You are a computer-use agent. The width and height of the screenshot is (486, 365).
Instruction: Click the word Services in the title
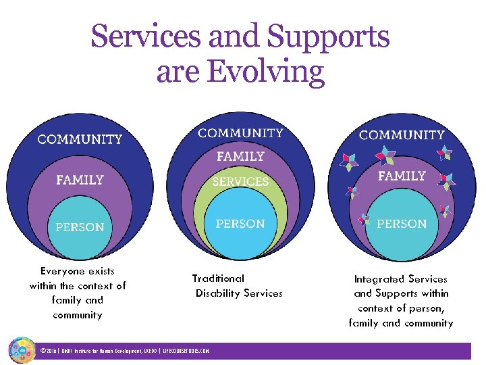[x=146, y=36]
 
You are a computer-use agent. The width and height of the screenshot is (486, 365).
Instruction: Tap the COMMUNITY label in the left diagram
[x=80, y=139]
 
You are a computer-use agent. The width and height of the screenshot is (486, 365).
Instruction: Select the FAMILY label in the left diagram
[x=80, y=180]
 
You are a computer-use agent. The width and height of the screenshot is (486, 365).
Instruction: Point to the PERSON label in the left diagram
[x=80, y=227]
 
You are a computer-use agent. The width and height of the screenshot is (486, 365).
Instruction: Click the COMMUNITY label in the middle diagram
[x=240, y=133]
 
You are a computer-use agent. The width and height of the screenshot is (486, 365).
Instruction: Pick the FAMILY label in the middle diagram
[x=240, y=156]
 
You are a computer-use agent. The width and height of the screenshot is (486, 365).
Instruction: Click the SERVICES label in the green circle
[x=240, y=181]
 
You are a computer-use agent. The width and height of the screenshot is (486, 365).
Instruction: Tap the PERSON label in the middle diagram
[x=240, y=224]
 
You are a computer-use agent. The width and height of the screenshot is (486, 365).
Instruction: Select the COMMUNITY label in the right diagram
[x=402, y=135]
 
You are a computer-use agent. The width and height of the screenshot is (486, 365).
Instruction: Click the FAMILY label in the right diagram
[x=402, y=176]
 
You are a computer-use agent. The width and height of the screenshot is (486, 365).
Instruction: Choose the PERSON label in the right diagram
[x=402, y=224]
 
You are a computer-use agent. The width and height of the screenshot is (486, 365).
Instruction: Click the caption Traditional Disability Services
[x=238, y=286]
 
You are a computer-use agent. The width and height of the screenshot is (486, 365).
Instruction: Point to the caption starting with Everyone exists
[x=78, y=293]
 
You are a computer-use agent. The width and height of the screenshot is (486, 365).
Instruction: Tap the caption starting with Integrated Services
[x=401, y=301]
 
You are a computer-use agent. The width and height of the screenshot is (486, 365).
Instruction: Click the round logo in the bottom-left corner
[x=22, y=349]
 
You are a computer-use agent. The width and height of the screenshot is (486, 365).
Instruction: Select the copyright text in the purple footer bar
[x=124, y=351]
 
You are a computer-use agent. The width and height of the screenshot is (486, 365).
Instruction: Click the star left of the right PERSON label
[x=365, y=219]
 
